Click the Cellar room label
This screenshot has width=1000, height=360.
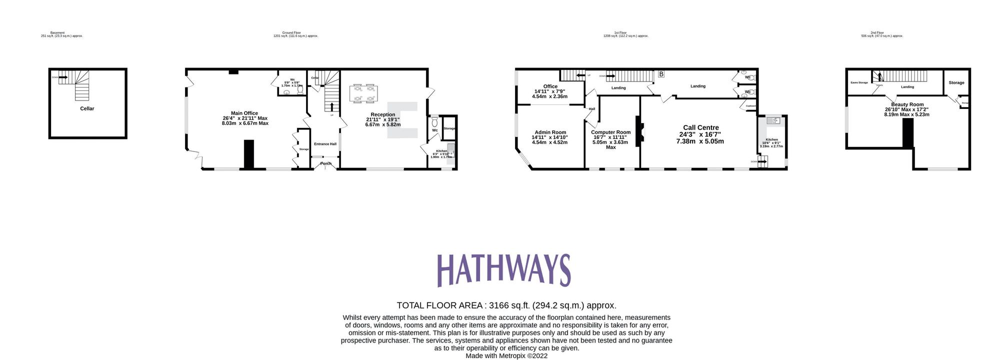87,108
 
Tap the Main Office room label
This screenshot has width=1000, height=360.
244,113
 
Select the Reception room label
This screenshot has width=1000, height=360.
383,114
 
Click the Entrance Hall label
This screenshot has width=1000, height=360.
325,144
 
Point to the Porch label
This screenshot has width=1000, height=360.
326,163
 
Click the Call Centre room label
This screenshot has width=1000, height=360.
701,127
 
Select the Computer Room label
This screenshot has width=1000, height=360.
610,132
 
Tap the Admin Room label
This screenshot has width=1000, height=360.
550,132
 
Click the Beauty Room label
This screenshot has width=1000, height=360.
907,104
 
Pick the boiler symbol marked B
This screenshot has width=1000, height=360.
661,74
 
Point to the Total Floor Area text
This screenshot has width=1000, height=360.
506,305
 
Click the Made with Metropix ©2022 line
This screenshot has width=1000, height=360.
506,356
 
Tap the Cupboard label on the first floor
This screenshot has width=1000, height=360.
750,106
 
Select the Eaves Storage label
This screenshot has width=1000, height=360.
859,82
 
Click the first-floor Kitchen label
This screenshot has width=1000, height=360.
771,139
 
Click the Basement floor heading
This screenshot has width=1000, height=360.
57,32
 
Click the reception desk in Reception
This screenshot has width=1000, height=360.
403,120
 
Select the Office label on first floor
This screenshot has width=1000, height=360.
550,86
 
